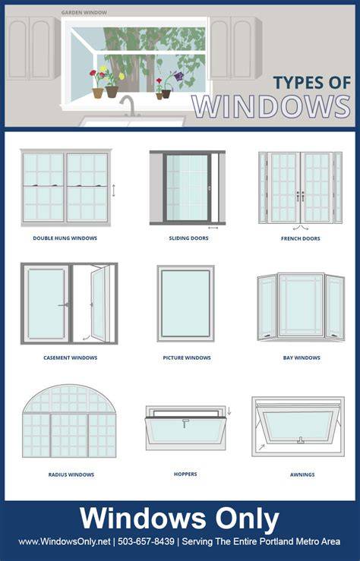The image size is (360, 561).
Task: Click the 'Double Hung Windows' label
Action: [65, 238]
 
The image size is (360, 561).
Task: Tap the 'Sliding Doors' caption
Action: [188, 238]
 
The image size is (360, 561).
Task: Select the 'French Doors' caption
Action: [301, 238]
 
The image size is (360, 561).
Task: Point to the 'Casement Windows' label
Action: [70, 358]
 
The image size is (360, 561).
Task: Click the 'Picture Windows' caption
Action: [187, 358]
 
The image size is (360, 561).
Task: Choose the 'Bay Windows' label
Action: [302, 358]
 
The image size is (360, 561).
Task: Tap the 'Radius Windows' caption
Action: [71, 474]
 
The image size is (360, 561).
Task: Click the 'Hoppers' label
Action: [185, 474]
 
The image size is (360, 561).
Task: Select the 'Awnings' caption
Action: [302, 474]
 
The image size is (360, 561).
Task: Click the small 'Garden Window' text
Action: [84, 12]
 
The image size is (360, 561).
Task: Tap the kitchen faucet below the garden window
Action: [128, 106]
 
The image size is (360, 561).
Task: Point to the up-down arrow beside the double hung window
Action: [114, 191]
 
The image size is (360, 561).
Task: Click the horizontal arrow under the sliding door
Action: [213, 228]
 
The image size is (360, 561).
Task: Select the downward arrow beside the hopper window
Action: [229, 411]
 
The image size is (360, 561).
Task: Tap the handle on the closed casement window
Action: [63, 305]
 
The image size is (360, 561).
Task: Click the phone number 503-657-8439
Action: [146, 541]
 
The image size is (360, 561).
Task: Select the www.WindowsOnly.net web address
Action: [65, 542]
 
